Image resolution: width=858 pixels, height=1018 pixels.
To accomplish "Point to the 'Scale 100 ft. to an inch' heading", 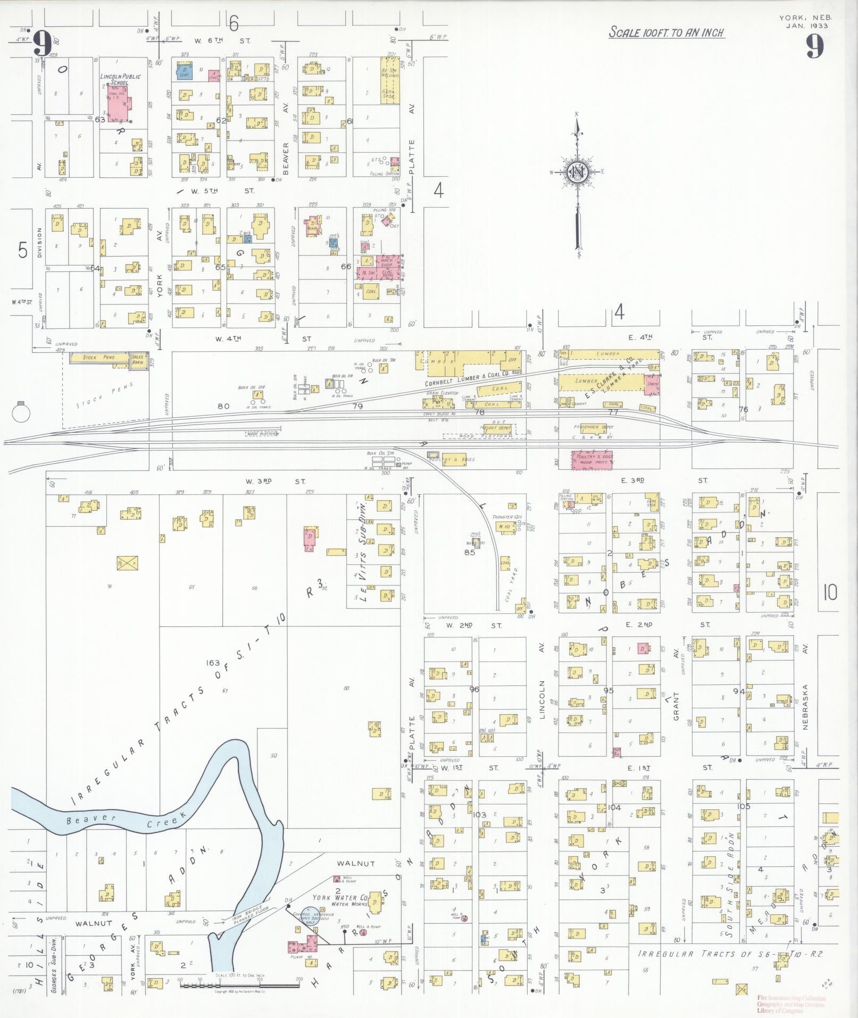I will [667, 32].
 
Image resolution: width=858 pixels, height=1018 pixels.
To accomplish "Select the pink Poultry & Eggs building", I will [592, 460].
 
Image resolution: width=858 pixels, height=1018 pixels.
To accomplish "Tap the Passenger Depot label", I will [593, 427].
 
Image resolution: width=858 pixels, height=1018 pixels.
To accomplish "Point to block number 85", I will [469, 552].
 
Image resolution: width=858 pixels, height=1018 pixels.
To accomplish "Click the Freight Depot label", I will [496, 427].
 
